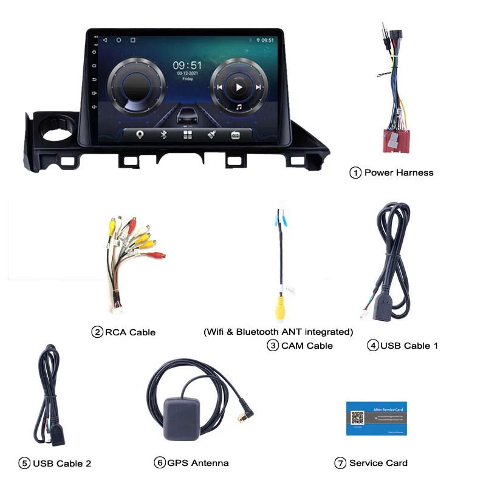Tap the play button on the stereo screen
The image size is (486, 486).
pos(239,87)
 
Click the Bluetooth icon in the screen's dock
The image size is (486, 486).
pos(163,135)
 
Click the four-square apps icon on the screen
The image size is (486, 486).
pos(187,135)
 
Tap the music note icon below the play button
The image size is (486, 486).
pos(239,107)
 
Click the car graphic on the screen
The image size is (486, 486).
pos(188,115)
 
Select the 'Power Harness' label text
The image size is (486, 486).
pos(399,173)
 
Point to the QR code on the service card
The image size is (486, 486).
pos(357,419)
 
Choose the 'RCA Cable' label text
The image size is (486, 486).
pos(130,332)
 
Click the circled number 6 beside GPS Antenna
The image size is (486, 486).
pos(159,463)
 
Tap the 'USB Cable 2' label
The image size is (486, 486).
pos(62,464)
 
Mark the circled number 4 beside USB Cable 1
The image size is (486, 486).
pos(373,346)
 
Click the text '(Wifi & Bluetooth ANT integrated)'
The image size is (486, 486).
pos(278,332)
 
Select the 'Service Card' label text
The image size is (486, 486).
pos(378,463)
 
